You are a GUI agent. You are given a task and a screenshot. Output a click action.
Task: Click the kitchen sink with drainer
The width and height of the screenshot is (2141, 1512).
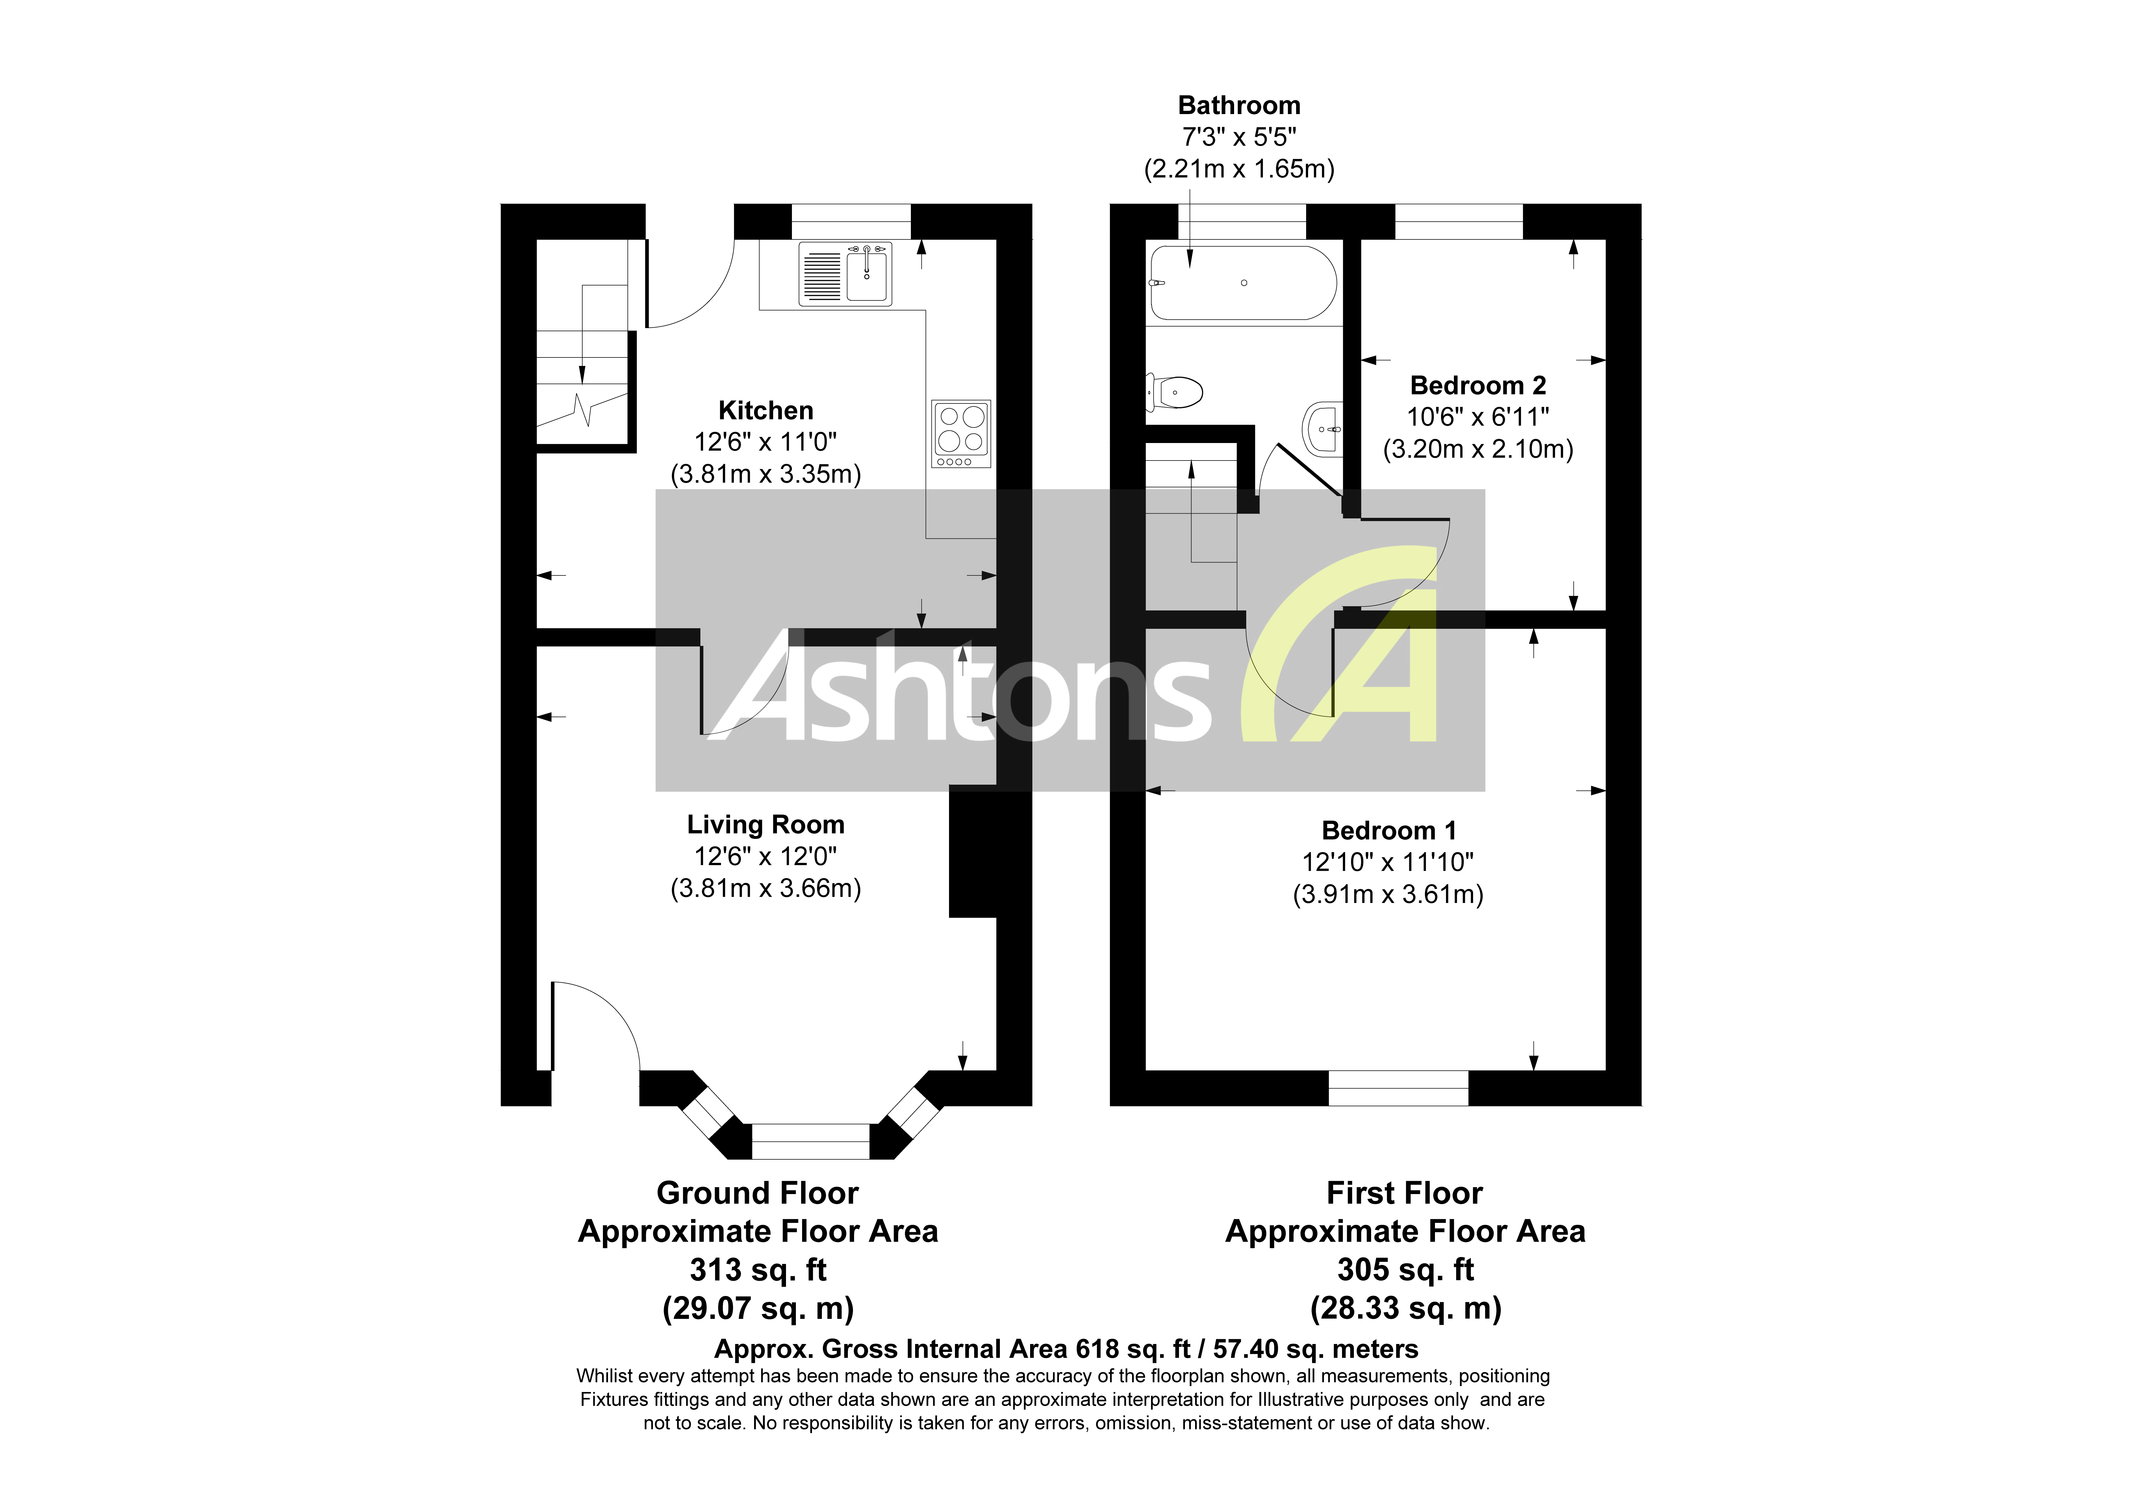(x=845, y=274)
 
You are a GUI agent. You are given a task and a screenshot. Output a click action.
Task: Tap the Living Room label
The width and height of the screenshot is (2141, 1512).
(x=766, y=825)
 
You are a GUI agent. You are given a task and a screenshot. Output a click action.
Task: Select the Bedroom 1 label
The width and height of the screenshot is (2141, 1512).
(x=1388, y=831)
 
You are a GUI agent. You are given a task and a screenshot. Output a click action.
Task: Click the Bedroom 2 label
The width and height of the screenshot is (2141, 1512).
(x=1478, y=385)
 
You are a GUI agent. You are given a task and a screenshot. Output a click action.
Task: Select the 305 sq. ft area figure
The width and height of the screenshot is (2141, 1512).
(x=1405, y=1270)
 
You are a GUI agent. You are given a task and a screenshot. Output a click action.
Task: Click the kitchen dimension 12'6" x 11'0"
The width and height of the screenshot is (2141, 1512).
(x=766, y=442)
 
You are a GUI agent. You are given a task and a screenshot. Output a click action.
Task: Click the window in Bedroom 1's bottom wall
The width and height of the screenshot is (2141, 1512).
(x=1398, y=1088)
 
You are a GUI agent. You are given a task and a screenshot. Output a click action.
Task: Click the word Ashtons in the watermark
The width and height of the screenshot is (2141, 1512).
(x=961, y=690)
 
